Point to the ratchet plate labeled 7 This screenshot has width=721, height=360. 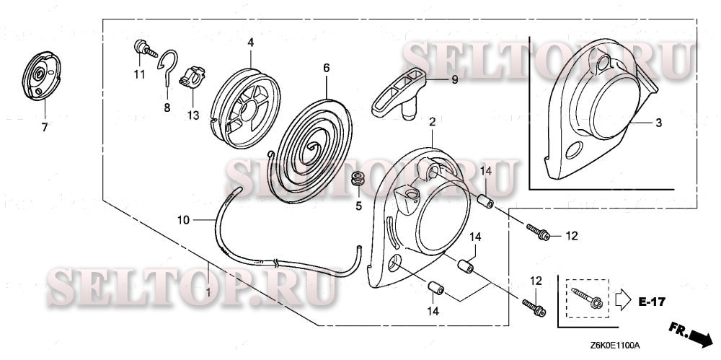(x=41, y=75)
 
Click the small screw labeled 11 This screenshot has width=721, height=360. (x=145, y=49)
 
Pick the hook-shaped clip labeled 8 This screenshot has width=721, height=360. (x=168, y=64)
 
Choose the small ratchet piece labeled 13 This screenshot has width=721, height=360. (x=192, y=76)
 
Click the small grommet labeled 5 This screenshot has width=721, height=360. (x=358, y=179)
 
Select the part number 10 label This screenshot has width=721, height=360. (x=183, y=220)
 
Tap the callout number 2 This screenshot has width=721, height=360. (x=432, y=122)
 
